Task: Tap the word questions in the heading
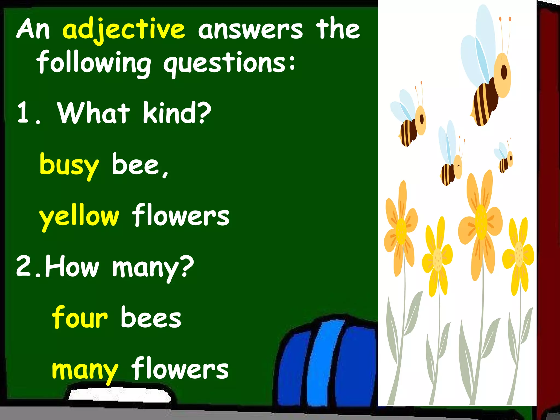pyautogui.click(x=229, y=63)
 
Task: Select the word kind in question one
pyautogui.click(x=177, y=112)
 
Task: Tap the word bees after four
pyautogui.click(x=151, y=317)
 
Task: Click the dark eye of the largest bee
pyautogui.click(x=504, y=72)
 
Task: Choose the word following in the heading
pyautogui.click(x=94, y=63)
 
